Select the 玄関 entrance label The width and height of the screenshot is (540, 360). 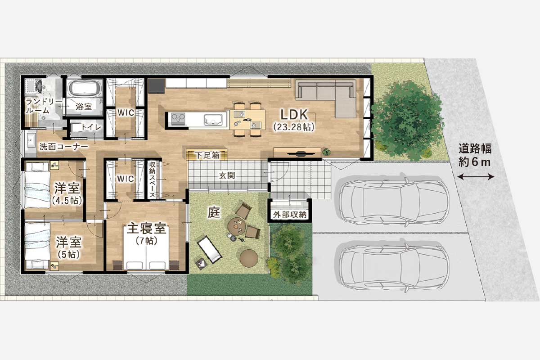tap(226, 175)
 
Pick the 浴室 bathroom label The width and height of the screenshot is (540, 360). tap(83, 107)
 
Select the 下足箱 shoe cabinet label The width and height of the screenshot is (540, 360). tap(208, 155)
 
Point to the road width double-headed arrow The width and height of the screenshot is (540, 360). tap(475, 177)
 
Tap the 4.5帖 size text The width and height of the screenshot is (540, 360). tap(67, 200)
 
